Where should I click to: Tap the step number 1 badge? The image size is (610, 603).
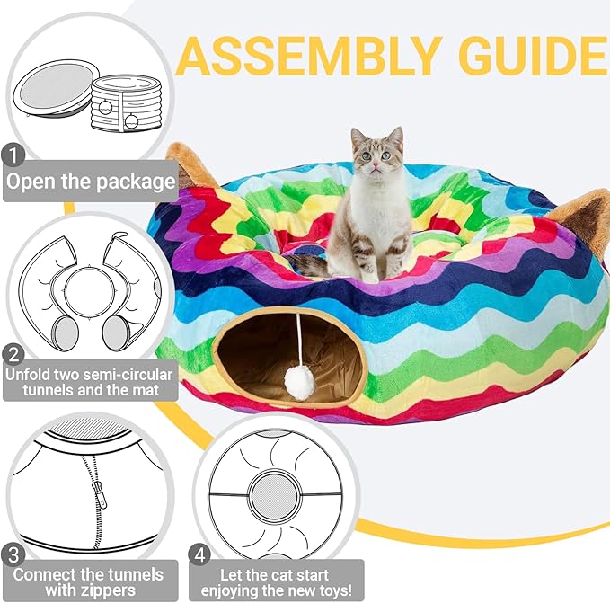click(13, 155)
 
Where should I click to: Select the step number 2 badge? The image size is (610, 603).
click(13, 352)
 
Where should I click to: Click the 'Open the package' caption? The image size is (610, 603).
click(90, 182)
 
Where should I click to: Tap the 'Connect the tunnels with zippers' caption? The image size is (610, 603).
click(88, 581)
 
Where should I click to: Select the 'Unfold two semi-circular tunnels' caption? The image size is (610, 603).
click(90, 382)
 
